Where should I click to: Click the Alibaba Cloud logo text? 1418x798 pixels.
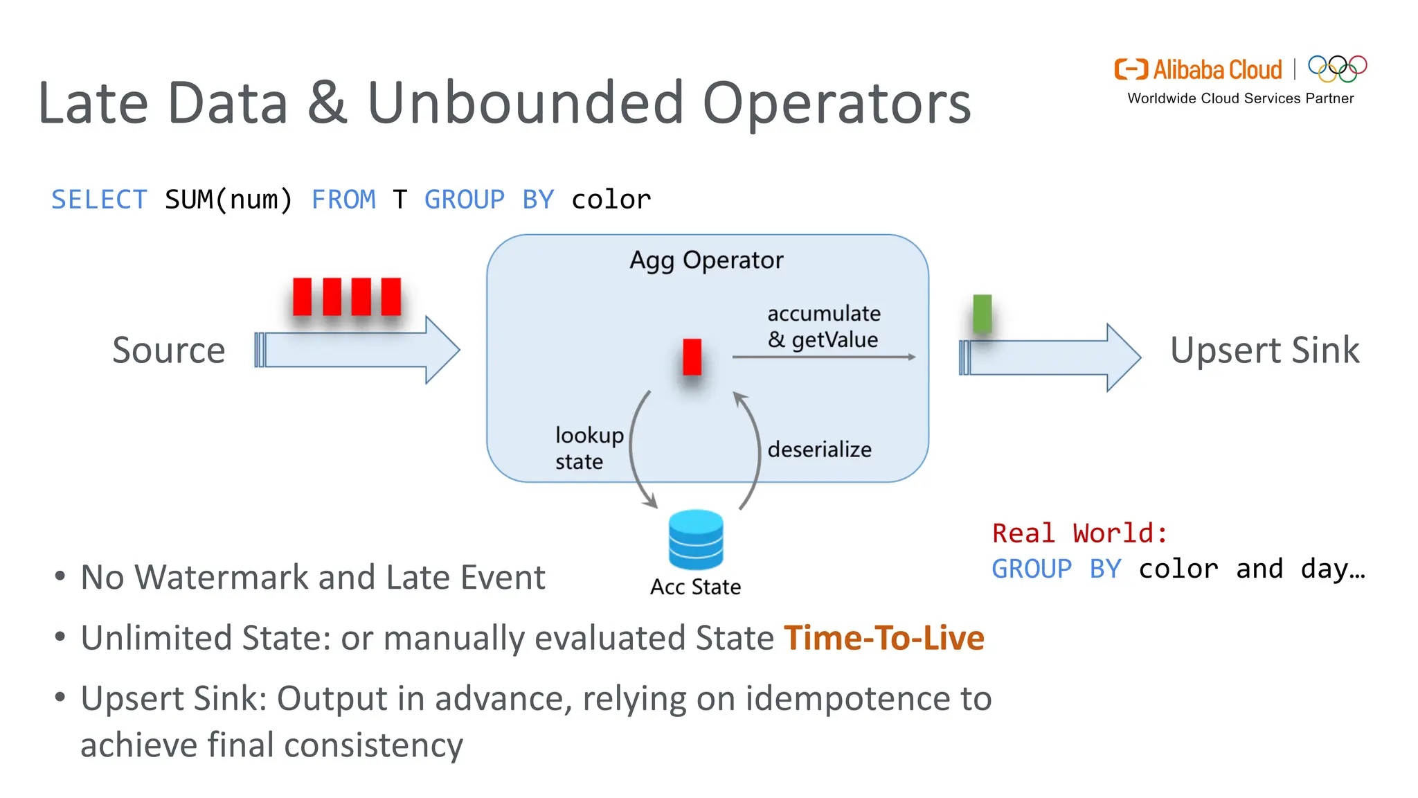click(x=1217, y=70)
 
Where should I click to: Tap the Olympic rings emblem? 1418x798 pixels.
click(x=1337, y=68)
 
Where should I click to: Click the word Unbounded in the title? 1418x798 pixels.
click(x=526, y=103)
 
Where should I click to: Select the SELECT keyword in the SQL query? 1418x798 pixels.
click(x=99, y=199)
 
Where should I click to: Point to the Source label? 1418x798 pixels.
click(x=169, y=350)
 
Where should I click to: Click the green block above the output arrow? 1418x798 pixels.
click(x=982, y=313)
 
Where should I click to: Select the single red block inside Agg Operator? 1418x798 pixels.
click(x=692, y=357)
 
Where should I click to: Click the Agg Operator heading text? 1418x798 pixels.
click(x=706, y=260)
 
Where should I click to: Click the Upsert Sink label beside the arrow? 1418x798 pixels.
click(x=1264, y=350)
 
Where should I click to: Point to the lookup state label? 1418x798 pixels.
click(x=589, y=448)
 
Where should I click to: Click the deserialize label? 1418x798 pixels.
click(x=819, y=450)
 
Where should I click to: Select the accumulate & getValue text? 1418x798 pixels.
click(x=823, y=326)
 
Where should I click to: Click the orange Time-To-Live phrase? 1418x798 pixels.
click(x=883, y=637)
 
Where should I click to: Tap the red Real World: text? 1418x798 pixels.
click(x=1079, y=533)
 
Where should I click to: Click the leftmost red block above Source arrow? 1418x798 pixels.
click(x=302, y=296)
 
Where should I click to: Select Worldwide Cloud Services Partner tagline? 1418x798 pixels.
click(x=1240, y=98)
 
